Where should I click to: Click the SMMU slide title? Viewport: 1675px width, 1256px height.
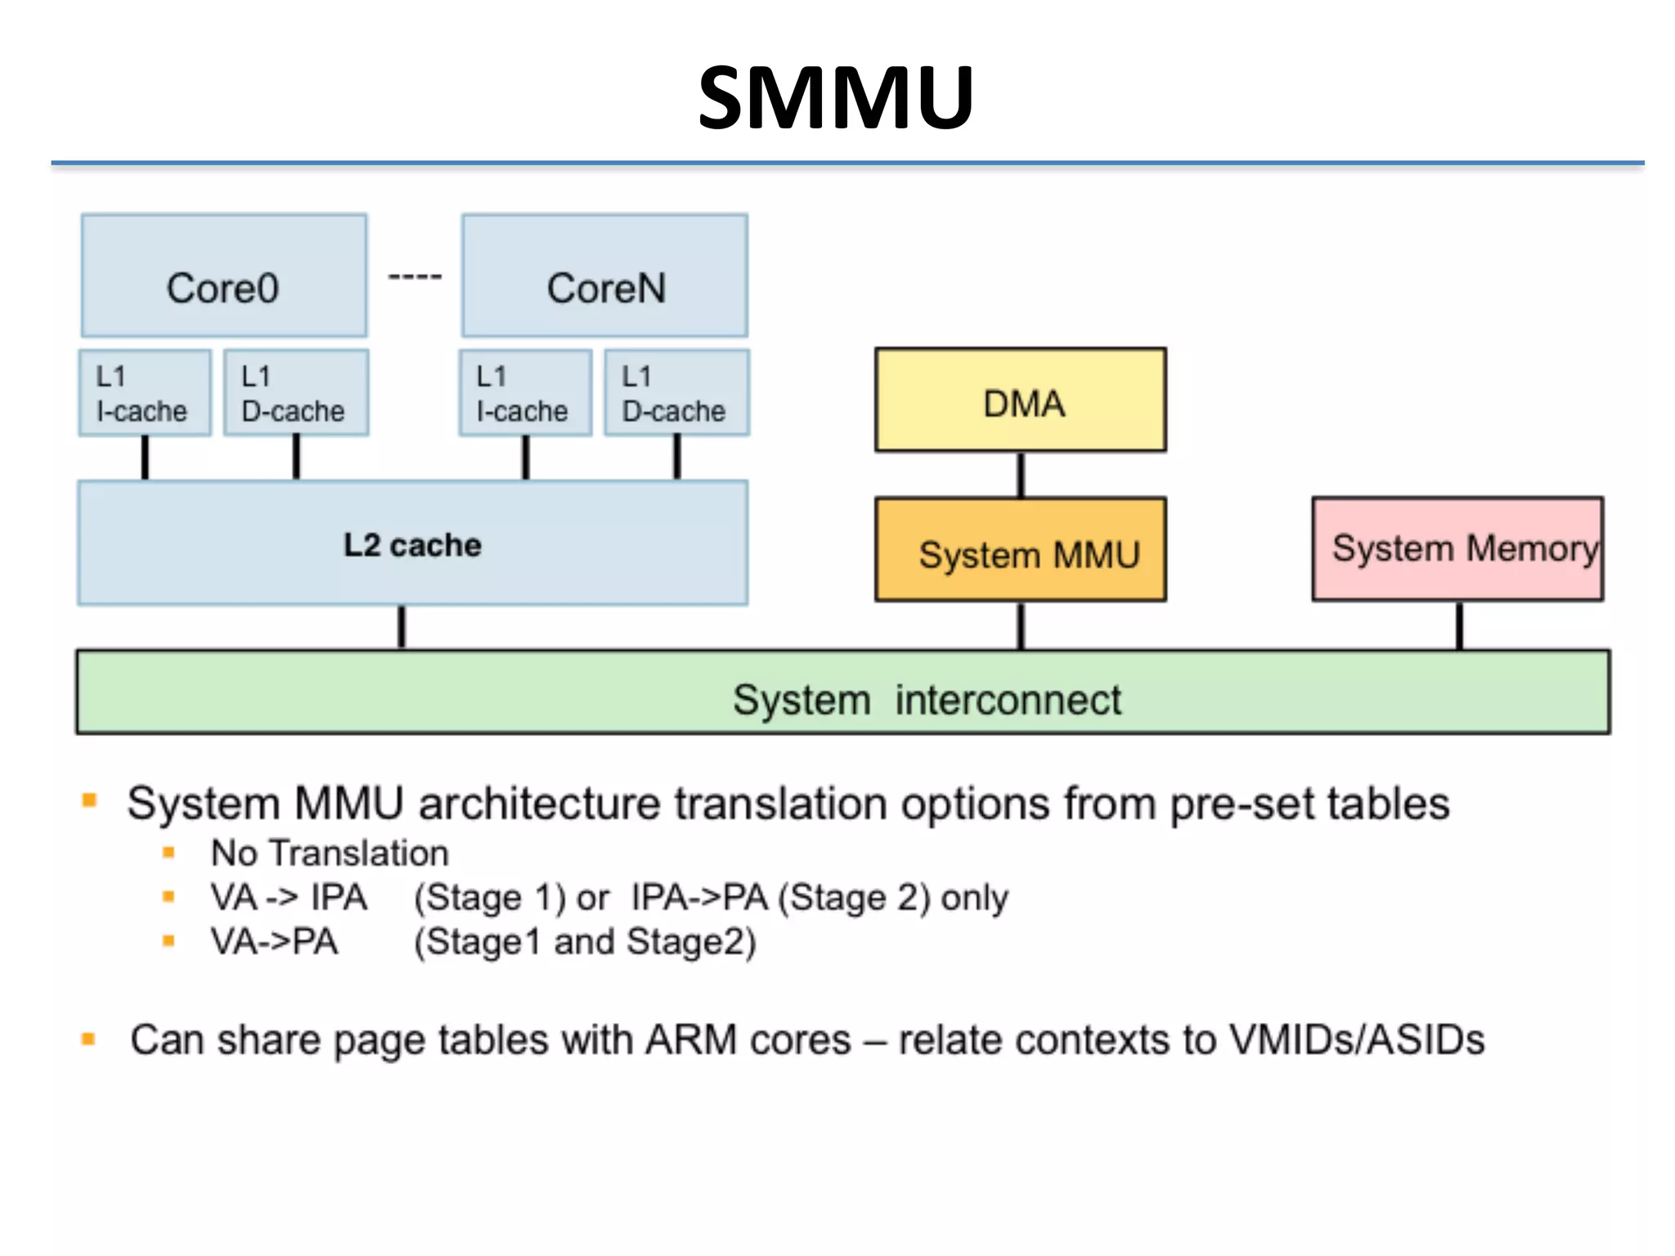click(836, 98)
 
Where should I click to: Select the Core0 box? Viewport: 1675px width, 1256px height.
click(223, 276)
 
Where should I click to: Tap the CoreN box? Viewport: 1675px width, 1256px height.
click(604, 276)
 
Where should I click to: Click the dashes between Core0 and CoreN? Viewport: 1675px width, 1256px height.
click(415, 277)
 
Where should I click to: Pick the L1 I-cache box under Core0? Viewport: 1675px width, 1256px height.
click(145, 393)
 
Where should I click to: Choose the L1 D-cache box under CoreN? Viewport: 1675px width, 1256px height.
click(676, 393)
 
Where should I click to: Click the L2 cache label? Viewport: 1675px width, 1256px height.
click(412, 545)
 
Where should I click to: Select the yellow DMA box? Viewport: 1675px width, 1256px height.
click(1020, 401)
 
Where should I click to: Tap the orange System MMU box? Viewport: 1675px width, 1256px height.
click(1020, 550)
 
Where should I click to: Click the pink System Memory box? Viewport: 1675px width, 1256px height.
click(1457, 549)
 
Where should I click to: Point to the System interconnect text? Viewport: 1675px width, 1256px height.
click(926, 700)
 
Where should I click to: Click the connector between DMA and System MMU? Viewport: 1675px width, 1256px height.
click(1021, 474)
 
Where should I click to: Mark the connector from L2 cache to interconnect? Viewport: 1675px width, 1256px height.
click(402, 627)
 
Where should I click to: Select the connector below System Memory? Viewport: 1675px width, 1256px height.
click(1459, 626)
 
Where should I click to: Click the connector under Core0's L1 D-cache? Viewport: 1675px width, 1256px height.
click(296, 457)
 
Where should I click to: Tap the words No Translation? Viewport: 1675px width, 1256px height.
click(330, 853)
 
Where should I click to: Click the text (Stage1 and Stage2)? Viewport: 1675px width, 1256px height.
click(585, 942)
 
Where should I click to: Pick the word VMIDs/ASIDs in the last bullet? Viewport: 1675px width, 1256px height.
click(1357, 1040)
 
